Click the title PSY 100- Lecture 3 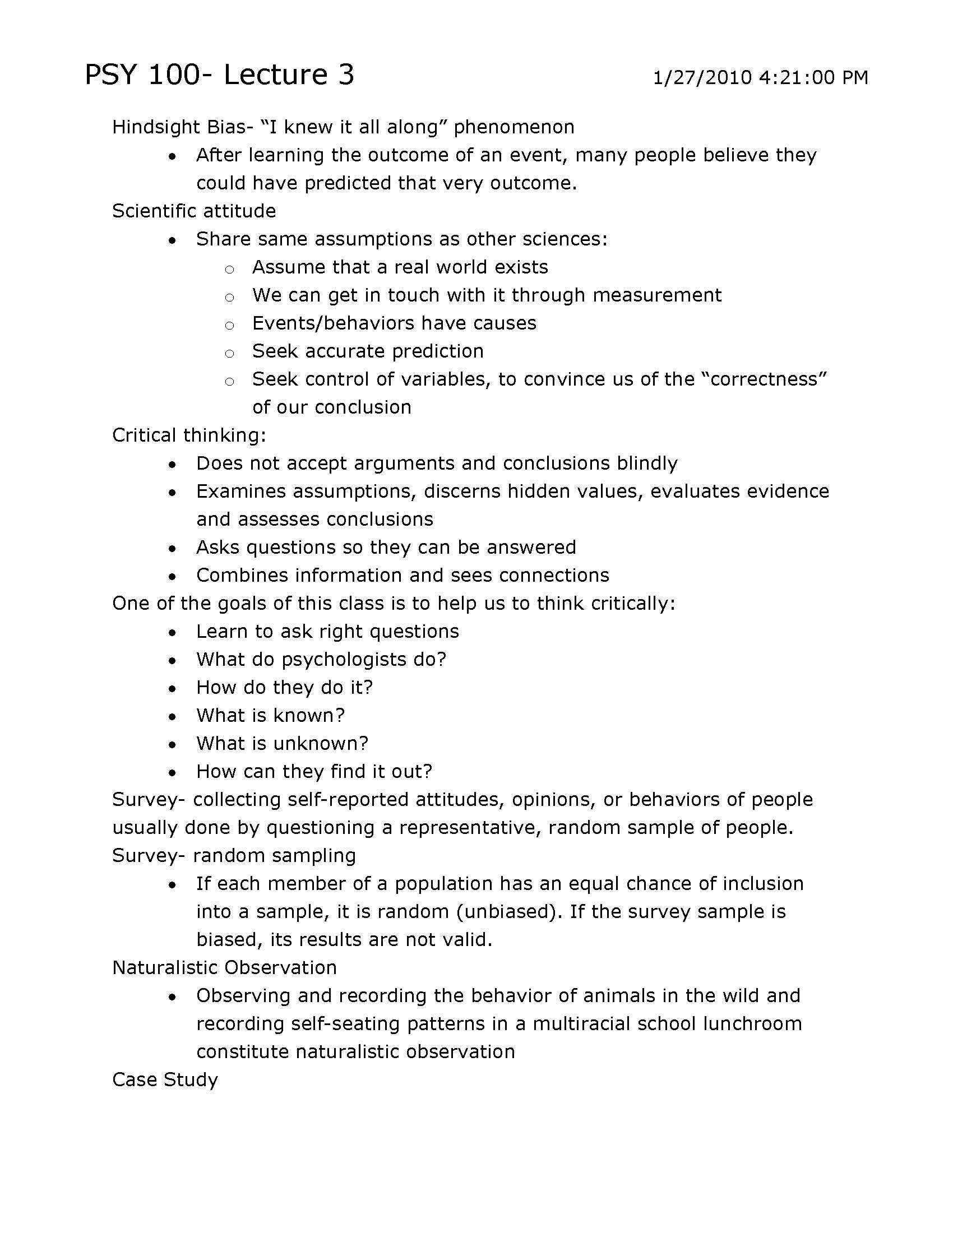pyautogui.click(x=219, y=75)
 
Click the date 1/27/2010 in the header pyautogui.click(x=702, y=77)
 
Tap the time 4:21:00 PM pyautogui.click(x=813, y=77)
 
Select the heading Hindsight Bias pyautogui.click(x=179, y=127)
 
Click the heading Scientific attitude pyautogui.click(x=193, y=211)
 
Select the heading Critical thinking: pyautogui.click(x=189, y=435)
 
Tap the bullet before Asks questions pyautogui.click(x=173, y=549)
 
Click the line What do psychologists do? pyautogui.click(x=321, y=660)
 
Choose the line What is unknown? pyautogui.click(x=283, y=744)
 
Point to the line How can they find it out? pyautogui.click(x=314, y=771)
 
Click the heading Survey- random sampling pyautogui.click(x=234, y=855)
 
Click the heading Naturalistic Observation pyautogui.click(x=224, y=968)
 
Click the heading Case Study pyautogui.click(x=165, y=1079)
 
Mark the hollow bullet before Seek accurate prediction pyautogui.click(x=229, y=354)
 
